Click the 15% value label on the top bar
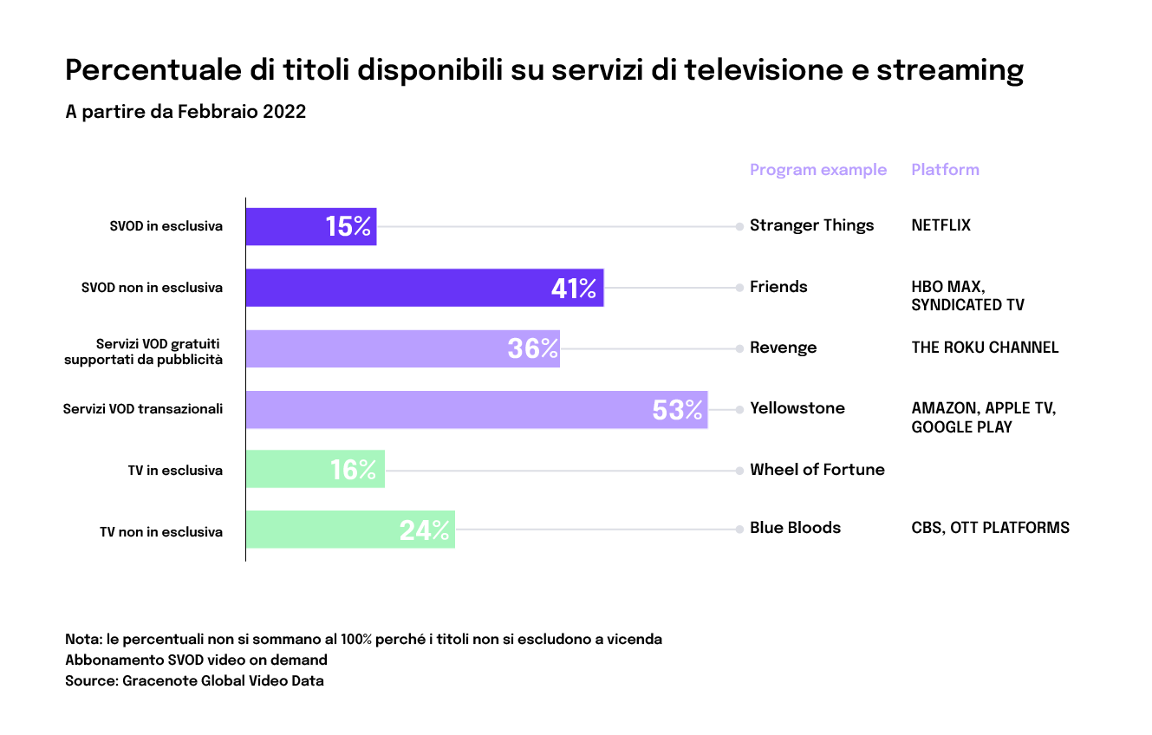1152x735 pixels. pyautogui.click(x=348, y=227)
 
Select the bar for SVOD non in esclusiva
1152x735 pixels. pyautogui.click(x=424, y=288)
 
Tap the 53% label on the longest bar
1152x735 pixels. pyautogui.click(x=677, y=410)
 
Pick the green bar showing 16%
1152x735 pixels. pyautogui.click(x=315, y=470)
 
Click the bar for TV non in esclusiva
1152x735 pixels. pyautogui.click(x=350, y=530)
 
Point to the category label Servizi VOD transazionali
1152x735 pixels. pyautogui.click(x=143, y=409)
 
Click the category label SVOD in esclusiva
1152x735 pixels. pyautogui.click(x=166, y=226)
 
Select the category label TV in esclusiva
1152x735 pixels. pyautogui.click(x=175, y=471)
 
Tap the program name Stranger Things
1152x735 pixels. pyautogui.click(x=811, y=225)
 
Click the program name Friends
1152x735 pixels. pyautogui.click(x=778, y=287)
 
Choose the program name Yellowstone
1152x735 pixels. pyautogui.click(x=797, y=408)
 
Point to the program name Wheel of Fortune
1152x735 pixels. pyautogui.click(x=817, y=470)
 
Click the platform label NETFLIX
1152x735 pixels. pyautogui.click(x=940, y=225)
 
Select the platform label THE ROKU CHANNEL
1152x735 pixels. pyautogui.click(x=985, y=348)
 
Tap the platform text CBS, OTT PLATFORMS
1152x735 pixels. pyautogui.click(x=990, y=528)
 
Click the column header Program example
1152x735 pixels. pyautogui.click(x=817, y=170)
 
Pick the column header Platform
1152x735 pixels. pyautogui.click(x=945, y=170)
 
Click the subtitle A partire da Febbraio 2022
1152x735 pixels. pyautogui.click(x=185, y=112)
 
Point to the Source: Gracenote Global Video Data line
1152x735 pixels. pyautogui.click(x=194, y=681)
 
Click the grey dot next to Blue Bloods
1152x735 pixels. pyautogui.click(x=739, y=529)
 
